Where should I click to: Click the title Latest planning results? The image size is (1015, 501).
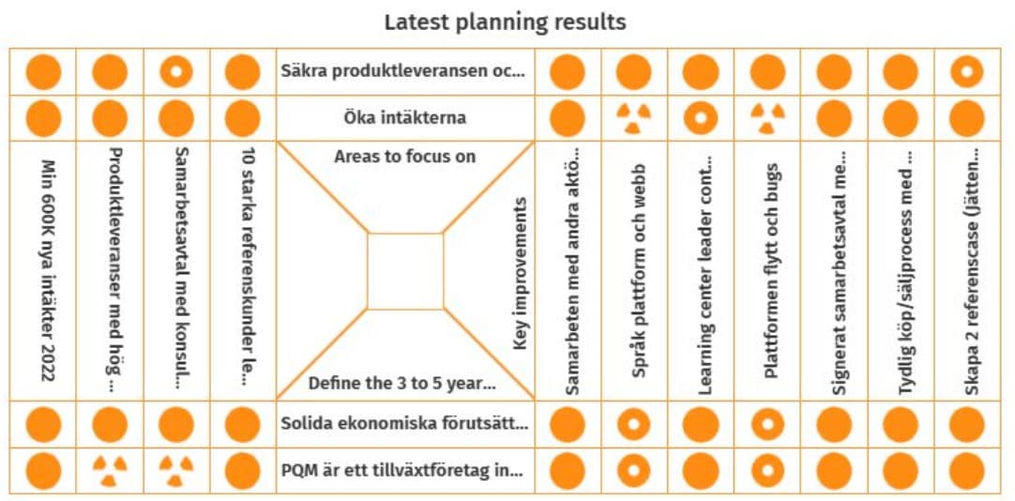pyautogui.click(x=505, y=23)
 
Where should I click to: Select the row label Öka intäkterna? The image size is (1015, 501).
pyautogui.click(x=405, y=118)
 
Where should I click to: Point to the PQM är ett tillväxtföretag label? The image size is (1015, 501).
pyautogui.click(x=402, y=471)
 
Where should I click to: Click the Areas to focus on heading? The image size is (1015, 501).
pyautogui.click(x=405, y=157)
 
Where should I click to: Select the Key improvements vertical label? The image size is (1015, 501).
pyautogui.click(x=520, y=274)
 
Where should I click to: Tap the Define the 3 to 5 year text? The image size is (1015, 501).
pyautogui.click(x=402, y=384)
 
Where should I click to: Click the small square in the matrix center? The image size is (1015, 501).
pyautogui.click(x=405, y=271)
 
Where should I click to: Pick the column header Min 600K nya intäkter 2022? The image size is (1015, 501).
pyautogui.click(x=47, y=270)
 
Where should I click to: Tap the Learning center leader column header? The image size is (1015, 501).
pyautogui.click(x=702, y=276)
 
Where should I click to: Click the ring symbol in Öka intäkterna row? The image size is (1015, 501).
pyautogui.click(x=701, y=119)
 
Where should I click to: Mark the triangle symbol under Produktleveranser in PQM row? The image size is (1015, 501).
pyautogui.click(x=110, y=471)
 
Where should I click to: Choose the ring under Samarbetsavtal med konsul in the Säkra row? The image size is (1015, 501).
pyautogui.click(x=176, y=72)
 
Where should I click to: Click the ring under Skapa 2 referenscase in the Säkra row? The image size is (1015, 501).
pyautogui.click(x=966, y=72)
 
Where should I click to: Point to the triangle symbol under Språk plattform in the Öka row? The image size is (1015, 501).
pyautogui.click(x=634, y=118)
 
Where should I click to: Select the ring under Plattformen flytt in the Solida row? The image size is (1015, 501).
pyautogui.click(x=767, y=425)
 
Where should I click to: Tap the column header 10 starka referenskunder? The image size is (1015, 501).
pyautogui.click(x=243, y=266)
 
